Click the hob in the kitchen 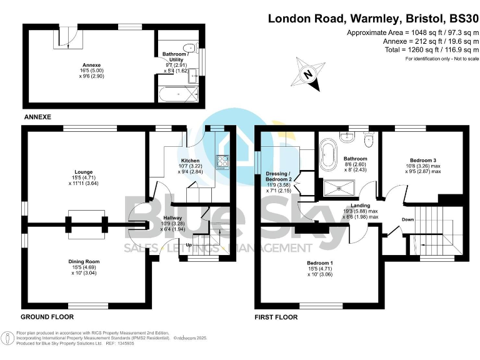pos(222,162)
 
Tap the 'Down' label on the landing pos(407,219)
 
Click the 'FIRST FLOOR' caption pos(276,317)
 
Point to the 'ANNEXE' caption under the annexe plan pos(37,117)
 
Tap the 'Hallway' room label pos(172,217)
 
